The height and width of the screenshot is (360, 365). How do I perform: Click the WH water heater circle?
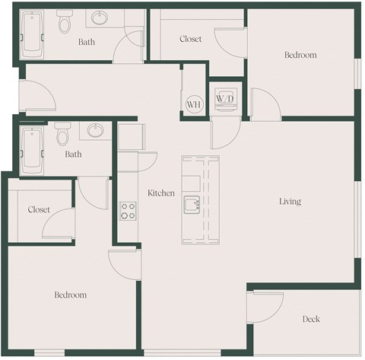[192, 104]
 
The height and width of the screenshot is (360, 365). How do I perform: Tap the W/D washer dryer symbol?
[224, 100]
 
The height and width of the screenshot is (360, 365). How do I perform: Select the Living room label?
[290, 202]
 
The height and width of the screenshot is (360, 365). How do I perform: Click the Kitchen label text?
[160, 193]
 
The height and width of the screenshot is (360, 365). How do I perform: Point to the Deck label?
[310, 319]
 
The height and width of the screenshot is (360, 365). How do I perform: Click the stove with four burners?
[127, 211]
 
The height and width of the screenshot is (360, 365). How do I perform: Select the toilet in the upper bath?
[64, 24]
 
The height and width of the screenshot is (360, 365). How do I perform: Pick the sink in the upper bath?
[100, 18]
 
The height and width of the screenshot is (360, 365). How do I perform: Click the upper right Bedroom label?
[300, 55]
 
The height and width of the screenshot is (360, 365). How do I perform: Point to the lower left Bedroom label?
[69, 295]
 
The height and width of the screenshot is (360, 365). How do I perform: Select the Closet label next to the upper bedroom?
[190, 39]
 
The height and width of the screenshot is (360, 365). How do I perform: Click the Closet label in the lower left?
[39, 209]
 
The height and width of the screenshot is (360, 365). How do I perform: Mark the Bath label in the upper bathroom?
[87, 42]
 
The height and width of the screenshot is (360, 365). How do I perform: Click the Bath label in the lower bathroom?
[73, 155]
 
